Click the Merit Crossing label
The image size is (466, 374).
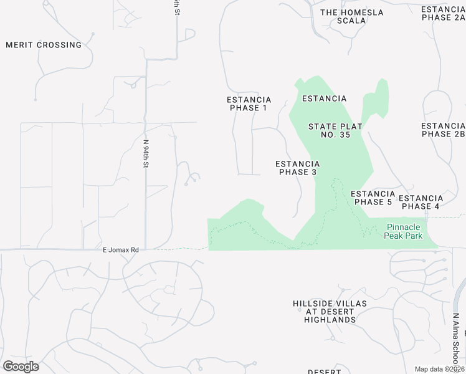[x=44, y=45]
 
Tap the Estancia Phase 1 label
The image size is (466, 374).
[x=249, y=103]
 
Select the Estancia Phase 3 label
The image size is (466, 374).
[x=298, y=168]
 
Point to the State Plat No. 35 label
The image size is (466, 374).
[x=336, y=130]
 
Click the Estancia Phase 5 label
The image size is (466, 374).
[x=373, y=198]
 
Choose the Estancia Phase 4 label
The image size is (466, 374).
[x=421, y=202]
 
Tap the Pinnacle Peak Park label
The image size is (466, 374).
[x=404, y=231]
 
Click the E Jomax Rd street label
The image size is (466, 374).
[x=120, y=249]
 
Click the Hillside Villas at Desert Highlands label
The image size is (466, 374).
[x=330, y=311]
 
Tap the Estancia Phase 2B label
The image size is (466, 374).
[x=443, y=130]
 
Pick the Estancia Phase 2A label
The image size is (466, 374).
[x=443, y=13]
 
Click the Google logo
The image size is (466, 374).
[x=21, y=366]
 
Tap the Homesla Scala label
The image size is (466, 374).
[x=351, y=16]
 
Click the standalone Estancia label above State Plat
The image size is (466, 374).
[x=324, y=98]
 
